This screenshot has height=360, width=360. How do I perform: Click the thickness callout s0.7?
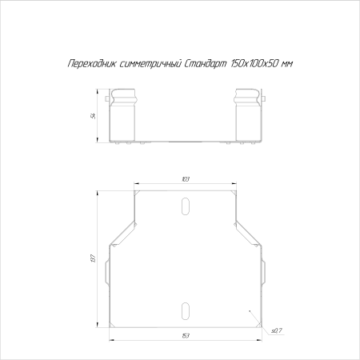276,329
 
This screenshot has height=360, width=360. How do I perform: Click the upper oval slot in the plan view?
186,209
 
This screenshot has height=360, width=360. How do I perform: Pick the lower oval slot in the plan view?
186,310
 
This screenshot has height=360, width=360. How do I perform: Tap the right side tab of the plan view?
262,272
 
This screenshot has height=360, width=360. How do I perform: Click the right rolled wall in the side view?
248,116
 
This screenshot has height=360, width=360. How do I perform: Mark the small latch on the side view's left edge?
107,100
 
